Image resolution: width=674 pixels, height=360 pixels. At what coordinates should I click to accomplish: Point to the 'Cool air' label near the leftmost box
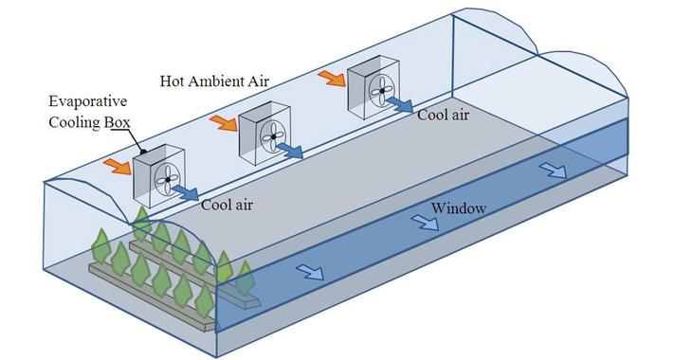[x=227, y=202]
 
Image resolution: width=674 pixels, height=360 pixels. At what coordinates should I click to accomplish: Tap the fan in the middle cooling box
[x=273, y=135]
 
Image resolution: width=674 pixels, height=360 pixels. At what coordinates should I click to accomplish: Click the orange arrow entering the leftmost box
[x=117, y=166]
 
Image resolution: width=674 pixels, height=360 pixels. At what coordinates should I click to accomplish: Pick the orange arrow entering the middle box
[x=223, y=123]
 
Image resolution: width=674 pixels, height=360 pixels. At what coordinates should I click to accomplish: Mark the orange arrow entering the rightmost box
[x=332, y=78]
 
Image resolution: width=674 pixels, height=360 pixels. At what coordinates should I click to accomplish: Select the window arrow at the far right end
[x=554, y=171]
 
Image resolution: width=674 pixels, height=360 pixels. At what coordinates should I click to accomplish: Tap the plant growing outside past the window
[x=245, y=279]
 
